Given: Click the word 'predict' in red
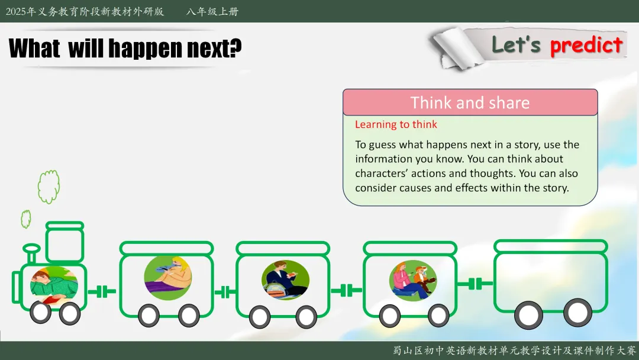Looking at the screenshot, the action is tap(586, 46).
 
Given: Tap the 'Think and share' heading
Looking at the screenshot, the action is tap(470, 103).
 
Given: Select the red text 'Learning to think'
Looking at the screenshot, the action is tap(396, 124).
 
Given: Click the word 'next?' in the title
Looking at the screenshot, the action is tap(214, 48).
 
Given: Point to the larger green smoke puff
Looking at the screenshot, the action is tap(49, 187).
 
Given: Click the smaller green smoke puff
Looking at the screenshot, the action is tap(25, 219).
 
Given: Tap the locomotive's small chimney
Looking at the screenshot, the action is tap(31, 253).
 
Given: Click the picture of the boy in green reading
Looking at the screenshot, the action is tap(54, 285).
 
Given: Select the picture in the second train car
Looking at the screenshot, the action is tap(168, 278).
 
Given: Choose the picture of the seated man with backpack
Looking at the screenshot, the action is tap(285, 279).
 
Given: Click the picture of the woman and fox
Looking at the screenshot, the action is tap(413, 281).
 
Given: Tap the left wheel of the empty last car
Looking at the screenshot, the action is tap(528, 315).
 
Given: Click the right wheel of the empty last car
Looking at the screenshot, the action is tap(577, 313).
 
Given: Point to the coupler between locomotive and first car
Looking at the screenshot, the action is tap(102, 291).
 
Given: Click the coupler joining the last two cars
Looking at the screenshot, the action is tap(475, 284).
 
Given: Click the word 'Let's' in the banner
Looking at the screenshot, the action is tap(516, 44).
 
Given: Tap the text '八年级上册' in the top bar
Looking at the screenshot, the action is tap(212, 11).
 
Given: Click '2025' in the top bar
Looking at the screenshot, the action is tap(16, 11).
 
